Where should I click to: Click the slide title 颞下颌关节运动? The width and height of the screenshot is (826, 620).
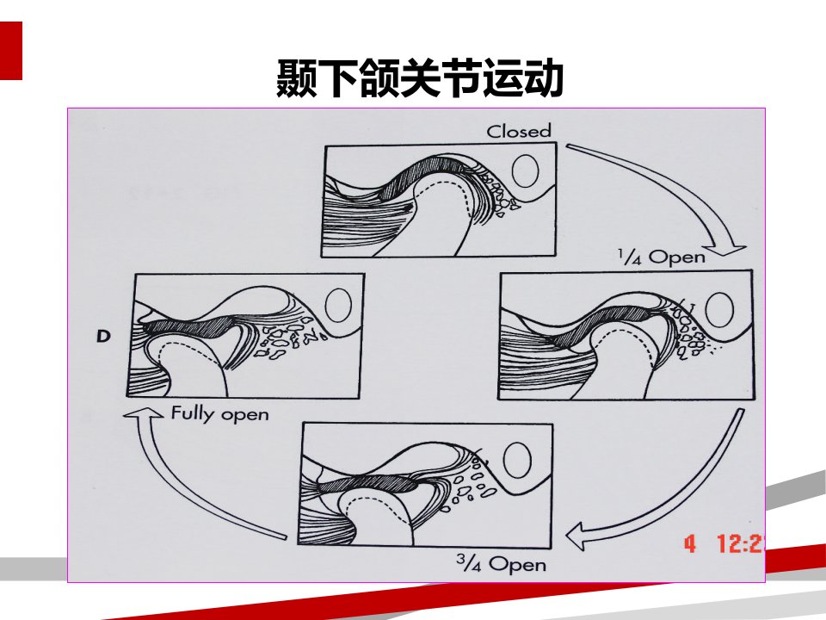tap(420, 78)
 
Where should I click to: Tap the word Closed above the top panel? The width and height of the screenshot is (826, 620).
tap(519, 131)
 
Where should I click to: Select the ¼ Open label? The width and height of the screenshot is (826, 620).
tap(662, 257)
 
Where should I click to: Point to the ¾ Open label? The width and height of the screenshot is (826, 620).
tap(501, 565)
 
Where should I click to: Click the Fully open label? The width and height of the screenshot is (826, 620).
tap(219, 413)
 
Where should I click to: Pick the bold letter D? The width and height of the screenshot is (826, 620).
tap(103, 337)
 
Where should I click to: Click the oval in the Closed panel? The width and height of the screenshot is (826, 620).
tap(525, 170)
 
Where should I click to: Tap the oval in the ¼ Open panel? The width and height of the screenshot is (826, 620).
tap(719, 310)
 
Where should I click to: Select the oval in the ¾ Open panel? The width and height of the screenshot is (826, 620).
tap(517, 460)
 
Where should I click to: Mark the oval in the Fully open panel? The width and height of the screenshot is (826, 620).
tap(338, 305)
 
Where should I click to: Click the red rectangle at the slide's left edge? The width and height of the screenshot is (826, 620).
tap(11, 51)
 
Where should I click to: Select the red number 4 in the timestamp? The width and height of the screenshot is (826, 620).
tap(690, 543)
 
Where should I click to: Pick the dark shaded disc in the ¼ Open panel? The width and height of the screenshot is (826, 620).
tap(601, 325)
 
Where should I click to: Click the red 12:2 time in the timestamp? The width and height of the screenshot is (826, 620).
tap(741, 543)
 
